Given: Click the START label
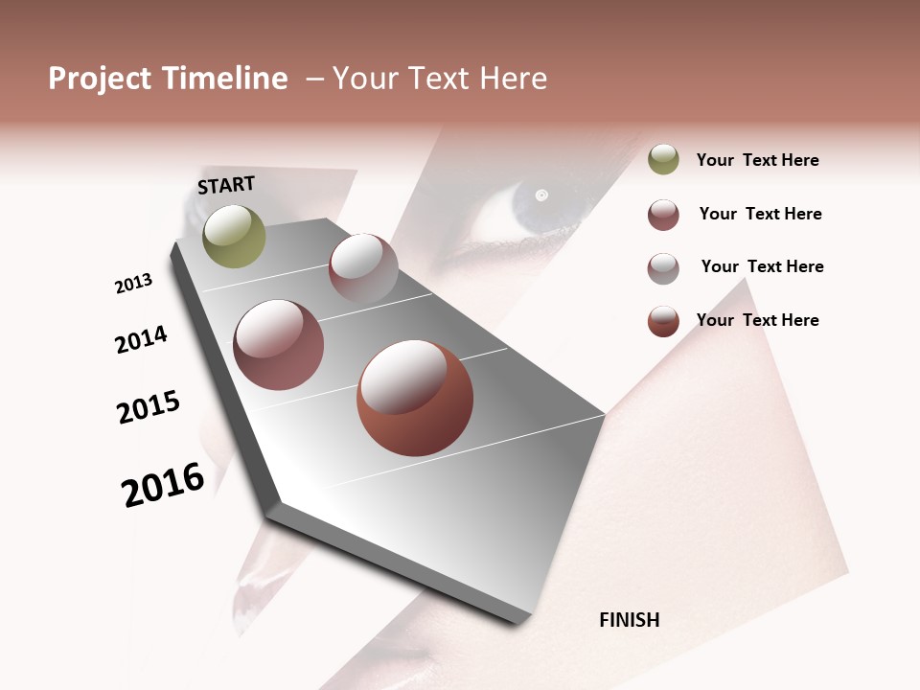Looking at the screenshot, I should [x=226, y=185].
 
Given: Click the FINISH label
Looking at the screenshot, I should [x=629, y=620].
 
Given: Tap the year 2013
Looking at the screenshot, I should [x=133, y=284].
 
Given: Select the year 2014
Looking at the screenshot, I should [x=141, y=339].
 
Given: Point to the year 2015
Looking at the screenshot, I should [x=149, y=407].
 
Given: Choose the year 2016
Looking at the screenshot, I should [x=163, y=485].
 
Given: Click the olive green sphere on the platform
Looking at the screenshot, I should [x=234, y=236].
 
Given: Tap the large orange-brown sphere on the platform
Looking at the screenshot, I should [x=415, y=398].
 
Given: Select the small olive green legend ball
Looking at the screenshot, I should [x=663, y=159].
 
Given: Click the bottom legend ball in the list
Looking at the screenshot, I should [x=663, y=321].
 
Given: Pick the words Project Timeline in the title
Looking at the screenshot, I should [x=168, y=79].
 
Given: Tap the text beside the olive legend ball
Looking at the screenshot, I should [x=757, y=160].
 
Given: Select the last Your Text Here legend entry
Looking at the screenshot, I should [x=757, y=320].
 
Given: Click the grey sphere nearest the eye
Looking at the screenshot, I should [x=363, y=268].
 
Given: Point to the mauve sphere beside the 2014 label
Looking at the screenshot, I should [x=279, y=345].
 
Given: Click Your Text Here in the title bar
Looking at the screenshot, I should [x=440, y=79].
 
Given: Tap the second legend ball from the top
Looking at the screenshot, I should [x=663, y=215].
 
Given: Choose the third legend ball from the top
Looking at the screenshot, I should [x=663, y=268].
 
